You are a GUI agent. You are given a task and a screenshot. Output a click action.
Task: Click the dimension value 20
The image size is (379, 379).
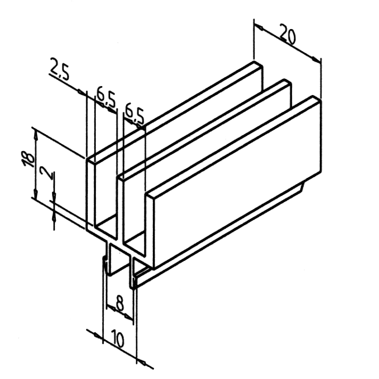click(x=288, y=35)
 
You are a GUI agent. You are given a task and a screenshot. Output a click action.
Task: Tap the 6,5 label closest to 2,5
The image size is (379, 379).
click(x=105, y=99)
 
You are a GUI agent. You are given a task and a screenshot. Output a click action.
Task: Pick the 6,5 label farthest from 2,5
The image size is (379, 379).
click(x=134, y=114)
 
